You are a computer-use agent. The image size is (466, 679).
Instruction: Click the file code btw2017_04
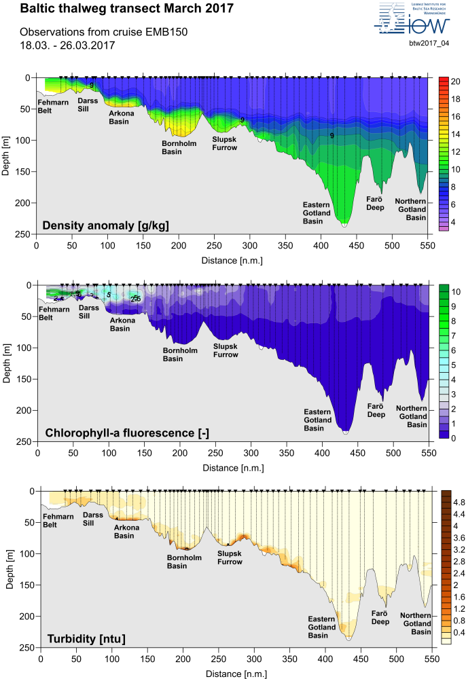click(429, 43)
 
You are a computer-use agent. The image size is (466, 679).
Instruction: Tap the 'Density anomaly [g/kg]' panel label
click(105, 225)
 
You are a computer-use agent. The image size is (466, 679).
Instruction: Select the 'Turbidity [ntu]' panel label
click(86, 638)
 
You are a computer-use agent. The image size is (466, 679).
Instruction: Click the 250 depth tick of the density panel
click(25, 234)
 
